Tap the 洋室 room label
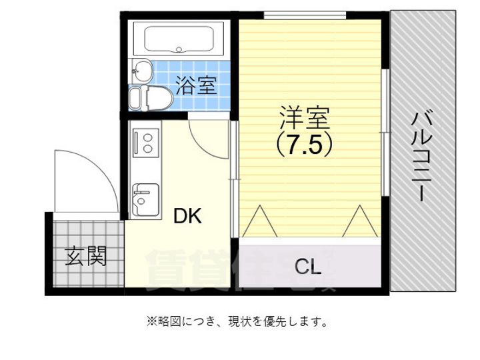click(x=305, y=118)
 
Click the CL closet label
click(x=308, y=267)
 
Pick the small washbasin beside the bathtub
click(x=141, y=69)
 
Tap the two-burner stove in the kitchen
click(x=145, y=141)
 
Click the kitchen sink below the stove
click(x=145, y=199)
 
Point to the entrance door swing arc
click(x=80, y=180)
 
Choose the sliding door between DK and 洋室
click(x=233, y=177)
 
